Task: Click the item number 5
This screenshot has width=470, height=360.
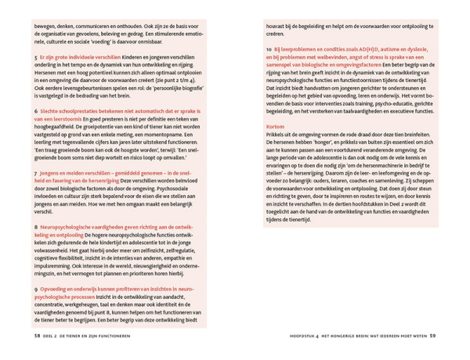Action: pyautogui.click(x=36, y=57)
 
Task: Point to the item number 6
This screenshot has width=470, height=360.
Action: pyautogui.click(x=36, y=110)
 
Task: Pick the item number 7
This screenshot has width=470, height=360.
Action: pyautogui.click(x=36, y=171)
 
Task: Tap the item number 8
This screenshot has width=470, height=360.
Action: pyautogui.click(x=36, y=225)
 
